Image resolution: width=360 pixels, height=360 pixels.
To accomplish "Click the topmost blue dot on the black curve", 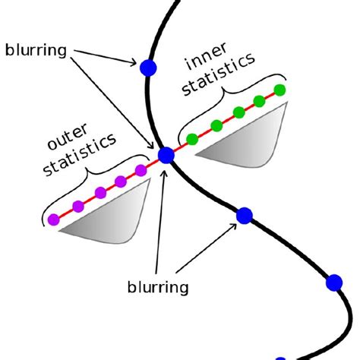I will click(148, 68).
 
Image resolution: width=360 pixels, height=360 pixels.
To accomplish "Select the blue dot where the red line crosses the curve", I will click(166, 156).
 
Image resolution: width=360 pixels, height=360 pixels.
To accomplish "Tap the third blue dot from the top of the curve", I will click(244, 216).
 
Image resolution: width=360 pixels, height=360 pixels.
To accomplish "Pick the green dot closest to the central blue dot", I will click(192, 139).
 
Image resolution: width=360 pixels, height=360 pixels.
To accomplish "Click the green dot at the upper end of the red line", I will click(279, 90).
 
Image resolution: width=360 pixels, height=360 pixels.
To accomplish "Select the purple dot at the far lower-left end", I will click(53, 219).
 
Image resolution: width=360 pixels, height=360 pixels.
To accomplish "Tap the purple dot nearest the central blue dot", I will click(141, 169).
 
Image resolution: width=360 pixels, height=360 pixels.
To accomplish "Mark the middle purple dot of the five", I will click(99, 194).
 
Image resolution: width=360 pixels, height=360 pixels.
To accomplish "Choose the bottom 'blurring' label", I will click(158, 288).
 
